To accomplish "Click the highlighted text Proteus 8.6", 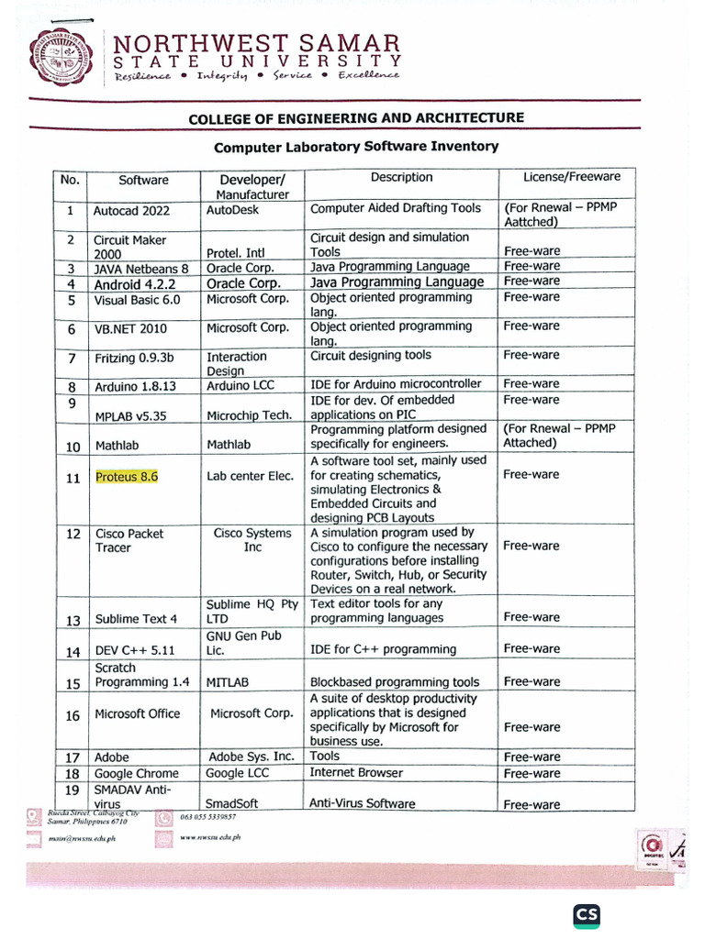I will [x=127, y=477].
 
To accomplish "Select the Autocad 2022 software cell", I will [x=131, y=211].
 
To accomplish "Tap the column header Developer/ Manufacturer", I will [x=252, y=186].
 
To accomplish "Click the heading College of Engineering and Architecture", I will [x=356, y=118].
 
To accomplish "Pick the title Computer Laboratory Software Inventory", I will [x=356, y=147].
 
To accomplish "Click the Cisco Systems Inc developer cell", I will [x=252, y=540].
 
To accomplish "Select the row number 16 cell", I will [x=72, y=715].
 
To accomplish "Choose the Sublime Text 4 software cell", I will [x=136, y=619].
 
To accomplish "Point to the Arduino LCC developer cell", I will [x=241, y=386].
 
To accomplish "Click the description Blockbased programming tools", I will [x=395, y=682].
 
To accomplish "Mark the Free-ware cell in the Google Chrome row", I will [x=532, y=774].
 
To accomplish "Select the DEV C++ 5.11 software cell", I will [x=135, y=651].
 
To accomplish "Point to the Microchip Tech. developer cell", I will [x=249, y=415].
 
